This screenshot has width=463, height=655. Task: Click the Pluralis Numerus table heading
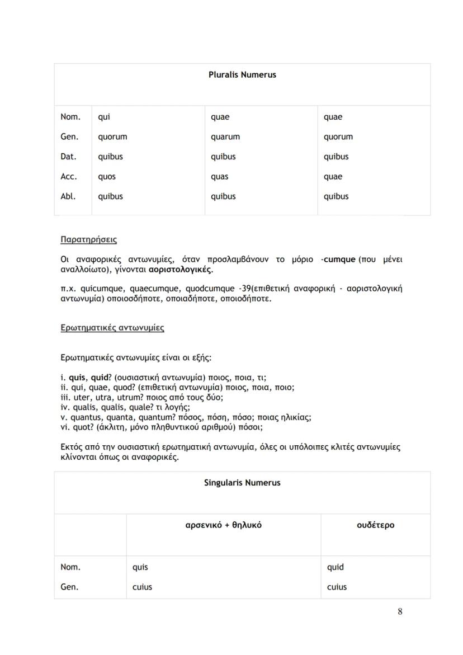click(242, 74)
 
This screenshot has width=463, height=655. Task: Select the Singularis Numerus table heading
click(242, 483)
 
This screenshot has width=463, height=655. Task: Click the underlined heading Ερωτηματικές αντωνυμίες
click(112, 328)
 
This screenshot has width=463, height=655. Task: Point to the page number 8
click(400, 611)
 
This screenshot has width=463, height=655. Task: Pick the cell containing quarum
click(225, 137)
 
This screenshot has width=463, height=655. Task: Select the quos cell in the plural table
click(107, 177)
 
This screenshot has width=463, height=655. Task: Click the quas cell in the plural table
click(219, 177)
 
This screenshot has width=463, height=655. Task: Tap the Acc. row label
click(69, 177)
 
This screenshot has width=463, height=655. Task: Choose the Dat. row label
click(69, 157)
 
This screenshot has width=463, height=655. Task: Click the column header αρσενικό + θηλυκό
click(223, 525)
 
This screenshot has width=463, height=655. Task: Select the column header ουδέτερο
click(375, 525)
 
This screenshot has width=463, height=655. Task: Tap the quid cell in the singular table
click(335, 567)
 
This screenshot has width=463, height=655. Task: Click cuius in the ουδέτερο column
click(337, 587)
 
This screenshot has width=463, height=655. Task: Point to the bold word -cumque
click(338, 260)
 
